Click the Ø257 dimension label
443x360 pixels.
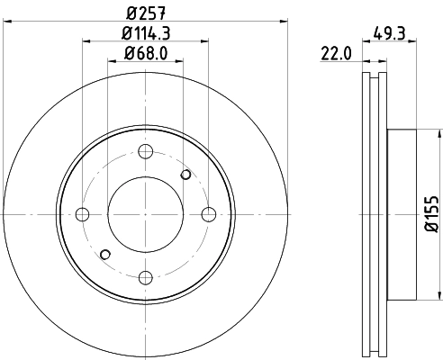[x=146, y=13]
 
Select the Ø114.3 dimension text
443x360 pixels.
[x=146, y=33]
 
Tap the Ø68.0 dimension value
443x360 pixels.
[x=146, y=53]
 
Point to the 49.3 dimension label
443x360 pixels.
[x=390, y=33]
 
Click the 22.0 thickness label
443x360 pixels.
[x=336, y=53]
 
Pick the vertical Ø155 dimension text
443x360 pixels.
[x=432, y=214]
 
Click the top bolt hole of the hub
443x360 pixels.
[x=146, y=151]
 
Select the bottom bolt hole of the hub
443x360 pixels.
[x=146, y=277]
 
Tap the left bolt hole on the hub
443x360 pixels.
[x=83, y=214]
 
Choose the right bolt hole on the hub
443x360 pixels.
[x=209, y=214]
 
